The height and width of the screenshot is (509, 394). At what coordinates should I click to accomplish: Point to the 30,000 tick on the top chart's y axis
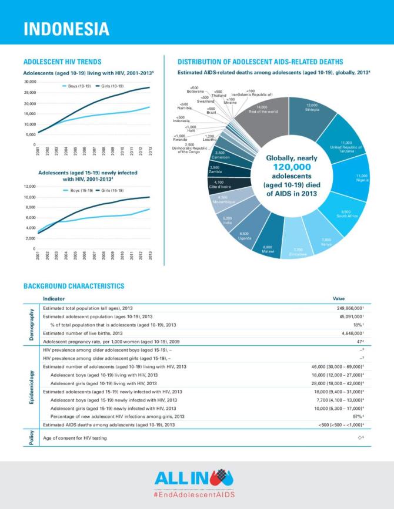click(x=29, y=82)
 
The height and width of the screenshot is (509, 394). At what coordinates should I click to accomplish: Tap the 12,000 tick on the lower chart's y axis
click(x=29, y=187)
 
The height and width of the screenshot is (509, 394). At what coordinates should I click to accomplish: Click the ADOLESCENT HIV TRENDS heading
click(x=62, y=62)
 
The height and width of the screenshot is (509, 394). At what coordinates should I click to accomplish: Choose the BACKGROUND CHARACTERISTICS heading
click(x=74, y=286)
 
